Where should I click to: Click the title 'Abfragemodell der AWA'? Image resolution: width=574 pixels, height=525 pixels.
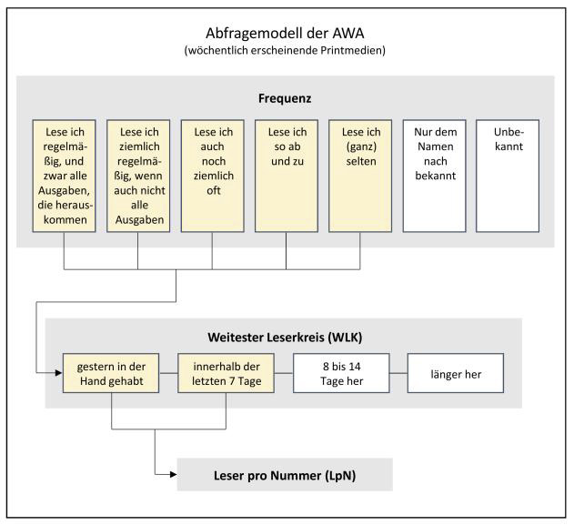(x=285, y=34)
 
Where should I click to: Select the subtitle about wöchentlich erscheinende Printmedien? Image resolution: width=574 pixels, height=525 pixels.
(x=285, y=50)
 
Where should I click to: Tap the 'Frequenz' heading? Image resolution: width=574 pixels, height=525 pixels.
(x=285, y=98)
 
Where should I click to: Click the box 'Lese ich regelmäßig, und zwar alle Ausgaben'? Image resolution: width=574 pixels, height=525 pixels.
(x=64, y=176)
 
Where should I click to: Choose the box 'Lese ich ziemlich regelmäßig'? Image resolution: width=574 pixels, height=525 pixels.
(x=138, y=176)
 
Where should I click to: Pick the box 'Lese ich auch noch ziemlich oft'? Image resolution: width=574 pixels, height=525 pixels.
(x=213, y=176)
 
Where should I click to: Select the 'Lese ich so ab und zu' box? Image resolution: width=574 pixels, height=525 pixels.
(x=287, y=176)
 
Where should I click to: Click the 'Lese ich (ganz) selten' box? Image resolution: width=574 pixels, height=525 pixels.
(x=360, y=176)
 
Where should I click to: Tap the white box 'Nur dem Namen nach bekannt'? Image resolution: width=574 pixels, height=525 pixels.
(x=435, y=176)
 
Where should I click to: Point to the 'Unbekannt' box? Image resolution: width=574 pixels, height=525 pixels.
(x=508, y=176)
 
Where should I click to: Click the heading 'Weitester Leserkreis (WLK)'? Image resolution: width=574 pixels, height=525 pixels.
(x=285, y=338)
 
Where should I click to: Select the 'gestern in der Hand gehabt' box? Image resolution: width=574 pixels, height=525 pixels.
(x=111, y=373)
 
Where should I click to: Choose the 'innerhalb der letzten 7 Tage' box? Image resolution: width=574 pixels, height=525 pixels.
(x=227, y=373)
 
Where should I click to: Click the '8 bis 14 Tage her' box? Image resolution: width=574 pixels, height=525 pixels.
(x=341, y=373)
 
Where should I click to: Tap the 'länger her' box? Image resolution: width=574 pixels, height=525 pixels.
(x=456, y=373)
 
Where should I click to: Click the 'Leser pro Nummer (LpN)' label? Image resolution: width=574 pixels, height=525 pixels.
(x=285, y=476)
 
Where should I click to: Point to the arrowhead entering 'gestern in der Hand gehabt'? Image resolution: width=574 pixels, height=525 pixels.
(x=59, y=373)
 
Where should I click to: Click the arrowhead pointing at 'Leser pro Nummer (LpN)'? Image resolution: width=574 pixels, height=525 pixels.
(x=174, y=475)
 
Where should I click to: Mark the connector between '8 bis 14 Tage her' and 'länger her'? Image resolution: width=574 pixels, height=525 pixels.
(x=398, y=373)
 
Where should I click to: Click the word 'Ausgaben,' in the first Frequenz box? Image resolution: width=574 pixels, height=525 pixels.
(x=64, y=191)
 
